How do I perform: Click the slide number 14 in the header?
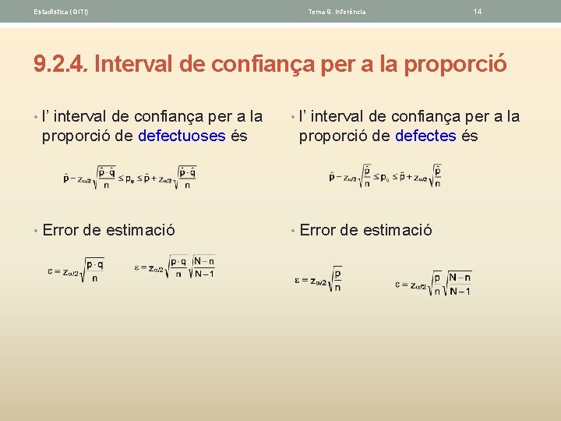click(x=477, y=12)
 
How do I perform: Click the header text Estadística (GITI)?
click(x=61, y=12)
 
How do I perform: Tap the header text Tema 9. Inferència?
click(x=337, y=12)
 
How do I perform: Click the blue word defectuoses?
click(x=182, y=136)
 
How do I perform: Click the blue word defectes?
click(x=425, y=136)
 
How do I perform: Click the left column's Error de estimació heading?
click(x=108, y=230)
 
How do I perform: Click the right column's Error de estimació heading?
click(x=365, y=230)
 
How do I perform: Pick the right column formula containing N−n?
click(x=432, y=282)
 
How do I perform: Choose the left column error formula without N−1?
click(x=76, y=271)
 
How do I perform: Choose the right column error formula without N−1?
click(x=318, y=279)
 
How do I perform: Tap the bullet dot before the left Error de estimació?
click(x=36, y=230)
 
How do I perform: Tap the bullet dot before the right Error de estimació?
click(x=292, y=230)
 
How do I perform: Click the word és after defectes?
click(x=469, y=136)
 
